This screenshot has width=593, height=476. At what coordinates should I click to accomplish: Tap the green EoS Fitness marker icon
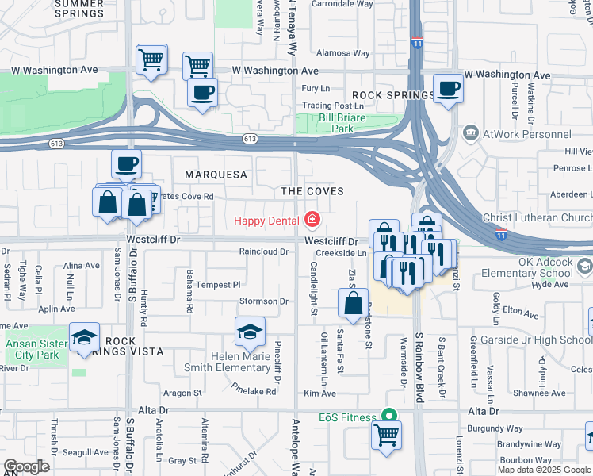(x=388, y=415)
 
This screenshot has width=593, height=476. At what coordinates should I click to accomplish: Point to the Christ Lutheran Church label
(x=548, y=217)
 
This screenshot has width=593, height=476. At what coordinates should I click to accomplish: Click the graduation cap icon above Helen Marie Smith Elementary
(x=250, y=331)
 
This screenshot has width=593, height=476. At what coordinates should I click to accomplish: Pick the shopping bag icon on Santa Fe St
(x=353, y=302)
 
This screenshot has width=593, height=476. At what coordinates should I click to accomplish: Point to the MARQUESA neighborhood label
(x=216, y=174)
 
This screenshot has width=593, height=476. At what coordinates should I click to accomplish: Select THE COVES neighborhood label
(x=312, y=191)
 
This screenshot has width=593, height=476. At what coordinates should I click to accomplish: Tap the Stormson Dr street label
(x=264, y=301)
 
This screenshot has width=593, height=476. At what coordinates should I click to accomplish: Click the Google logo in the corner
(x=26, y=466)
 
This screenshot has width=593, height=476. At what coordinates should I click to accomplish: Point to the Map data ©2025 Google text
(x=543, y=470)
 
